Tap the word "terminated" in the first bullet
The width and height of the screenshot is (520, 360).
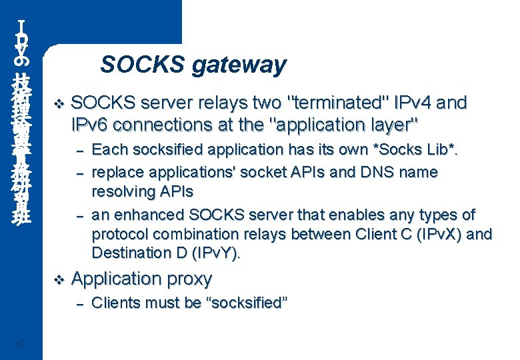coord(337,103)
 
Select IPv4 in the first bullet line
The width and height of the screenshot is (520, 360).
coord(416,103)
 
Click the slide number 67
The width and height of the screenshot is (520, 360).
coord(19,344)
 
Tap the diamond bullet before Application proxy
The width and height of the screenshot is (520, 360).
coord(57,279)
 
